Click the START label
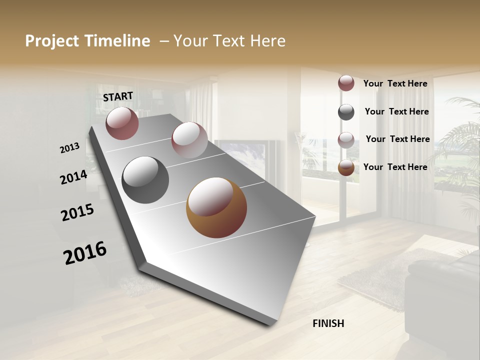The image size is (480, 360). (x=118, y=96)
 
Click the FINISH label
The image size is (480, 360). (x=328, y=323)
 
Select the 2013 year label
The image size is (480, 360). (x=70, y=148)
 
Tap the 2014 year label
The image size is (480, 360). (x=74, y=177)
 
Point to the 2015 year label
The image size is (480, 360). (x=77, y=212)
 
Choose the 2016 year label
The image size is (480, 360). (x=85, y=253)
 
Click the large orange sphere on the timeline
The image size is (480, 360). (x=216, y=207)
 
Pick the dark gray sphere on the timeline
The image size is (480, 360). (x=145, y=180)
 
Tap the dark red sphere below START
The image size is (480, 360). (x=122, y=123)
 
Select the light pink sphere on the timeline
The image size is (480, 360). (x=189, y=140)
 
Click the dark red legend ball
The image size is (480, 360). (x=346, y=83)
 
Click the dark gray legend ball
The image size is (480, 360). (x=346, y=112)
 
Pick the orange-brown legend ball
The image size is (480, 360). (x=346, y=167)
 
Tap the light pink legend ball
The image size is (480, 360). (x=346, y=140)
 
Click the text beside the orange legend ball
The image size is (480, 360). (x=395, y=167)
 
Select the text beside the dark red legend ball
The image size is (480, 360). (x=395, y=83)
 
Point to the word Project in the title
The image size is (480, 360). (x=52, y=41)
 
